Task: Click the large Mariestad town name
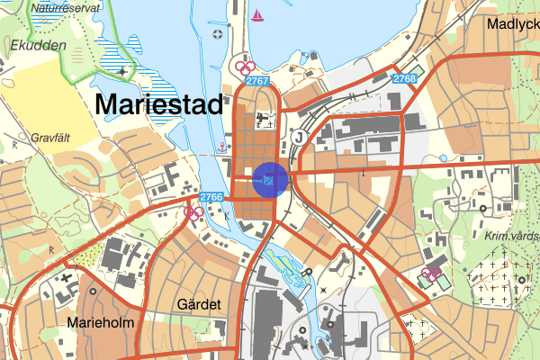pos(157,103)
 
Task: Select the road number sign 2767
pos(257,82)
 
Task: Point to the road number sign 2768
pos(405,79)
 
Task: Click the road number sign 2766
pos(211,197)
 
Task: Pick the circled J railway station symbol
pos(298,137)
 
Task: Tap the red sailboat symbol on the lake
pos(258,14)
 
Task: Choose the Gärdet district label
pos(199,304)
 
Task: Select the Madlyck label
pos(512,25)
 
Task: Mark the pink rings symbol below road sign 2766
pos(192,212)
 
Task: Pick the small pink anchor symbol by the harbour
pos(220,146)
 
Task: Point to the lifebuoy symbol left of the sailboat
pos(217,34)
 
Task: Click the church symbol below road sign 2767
pos(265,118)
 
